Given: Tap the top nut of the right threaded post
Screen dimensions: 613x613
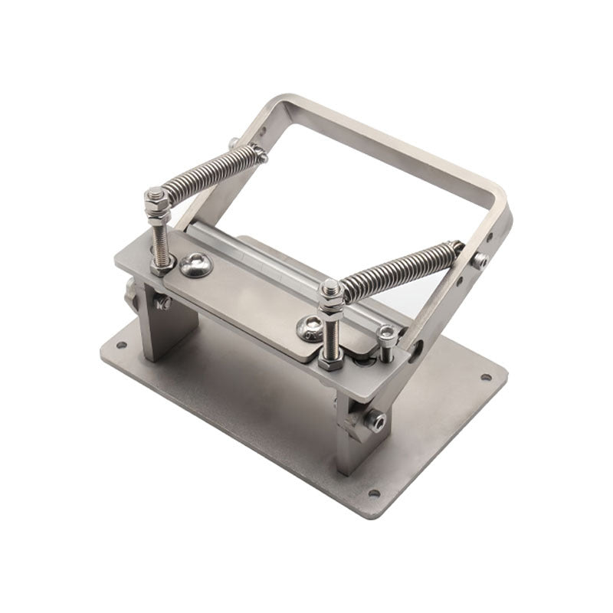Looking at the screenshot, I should pyautogui.click(x=331, y=290).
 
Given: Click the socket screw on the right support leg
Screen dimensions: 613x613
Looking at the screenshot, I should pyautogui.click(x=375, y=421).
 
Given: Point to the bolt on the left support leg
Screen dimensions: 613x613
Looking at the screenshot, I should pyautogui.click(x=162, y=303).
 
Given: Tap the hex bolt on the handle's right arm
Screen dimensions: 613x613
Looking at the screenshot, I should pyautogui.click(x=480, y=261).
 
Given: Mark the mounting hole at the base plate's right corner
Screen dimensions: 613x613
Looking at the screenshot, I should pyautogui.click(x=485, y=377).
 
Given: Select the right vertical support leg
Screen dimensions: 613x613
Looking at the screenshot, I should pyautogui.click(x=349, y=433).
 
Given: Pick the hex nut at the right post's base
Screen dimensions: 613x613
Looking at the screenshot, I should pyautogui.click(x=331, y=359).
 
